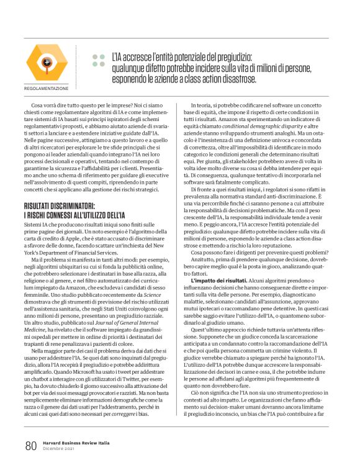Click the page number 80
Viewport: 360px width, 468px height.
click(30, 445)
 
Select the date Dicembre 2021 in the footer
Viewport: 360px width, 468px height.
click(58, 449)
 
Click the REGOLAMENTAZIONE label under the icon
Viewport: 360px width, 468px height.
click(46, 88)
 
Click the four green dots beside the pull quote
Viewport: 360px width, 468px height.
click(97, 60)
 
